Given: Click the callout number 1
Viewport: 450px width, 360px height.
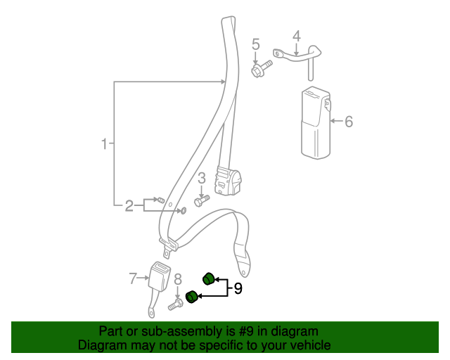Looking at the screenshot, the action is pyautogui.click(x=104, y=143).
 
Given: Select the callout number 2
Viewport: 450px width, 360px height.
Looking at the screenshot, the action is pyautogui.click(x=129, y=206).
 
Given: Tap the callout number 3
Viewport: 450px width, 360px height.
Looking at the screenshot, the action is pyautogui.click(x=202, y=179).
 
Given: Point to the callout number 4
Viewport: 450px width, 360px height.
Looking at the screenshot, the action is pyautogui.click(x=297, y=37).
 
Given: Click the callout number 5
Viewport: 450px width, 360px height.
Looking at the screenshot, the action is pyautogui.click(x=256, y=44).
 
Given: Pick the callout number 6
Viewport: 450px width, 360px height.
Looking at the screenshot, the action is pyautogui.click(x=349, y=122).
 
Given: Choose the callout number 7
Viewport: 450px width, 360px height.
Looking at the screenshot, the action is pyautogui.click(x=132, y=278).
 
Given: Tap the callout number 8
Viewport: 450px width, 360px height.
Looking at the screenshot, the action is pyautogui.click(x=178, y=279).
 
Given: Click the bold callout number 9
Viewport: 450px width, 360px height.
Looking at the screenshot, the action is pyautogui.click(x=238, y=288).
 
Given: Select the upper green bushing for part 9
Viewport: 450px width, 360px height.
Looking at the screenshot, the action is pyautogui.click(x=209, y=278).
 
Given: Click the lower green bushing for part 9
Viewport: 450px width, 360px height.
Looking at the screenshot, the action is pyautogui.click(x=191, y=297).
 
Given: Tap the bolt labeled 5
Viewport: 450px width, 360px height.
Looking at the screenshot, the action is pyautogui.click(x=262, y=69).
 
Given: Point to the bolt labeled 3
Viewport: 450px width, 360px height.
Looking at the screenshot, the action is pyautogui.click(x=202, y=200).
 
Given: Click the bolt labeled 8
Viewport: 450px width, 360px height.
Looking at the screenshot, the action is pyautogui.click(x=176, y=304).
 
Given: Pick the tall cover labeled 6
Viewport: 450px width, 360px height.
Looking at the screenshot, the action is pyautogui.click(x=316, y=123).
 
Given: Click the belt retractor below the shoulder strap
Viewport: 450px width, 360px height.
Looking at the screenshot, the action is pyautogui.click(x=228, y=180).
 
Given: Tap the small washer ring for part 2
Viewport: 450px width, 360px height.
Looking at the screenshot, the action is pyautogui.click(x=183, y=211).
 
